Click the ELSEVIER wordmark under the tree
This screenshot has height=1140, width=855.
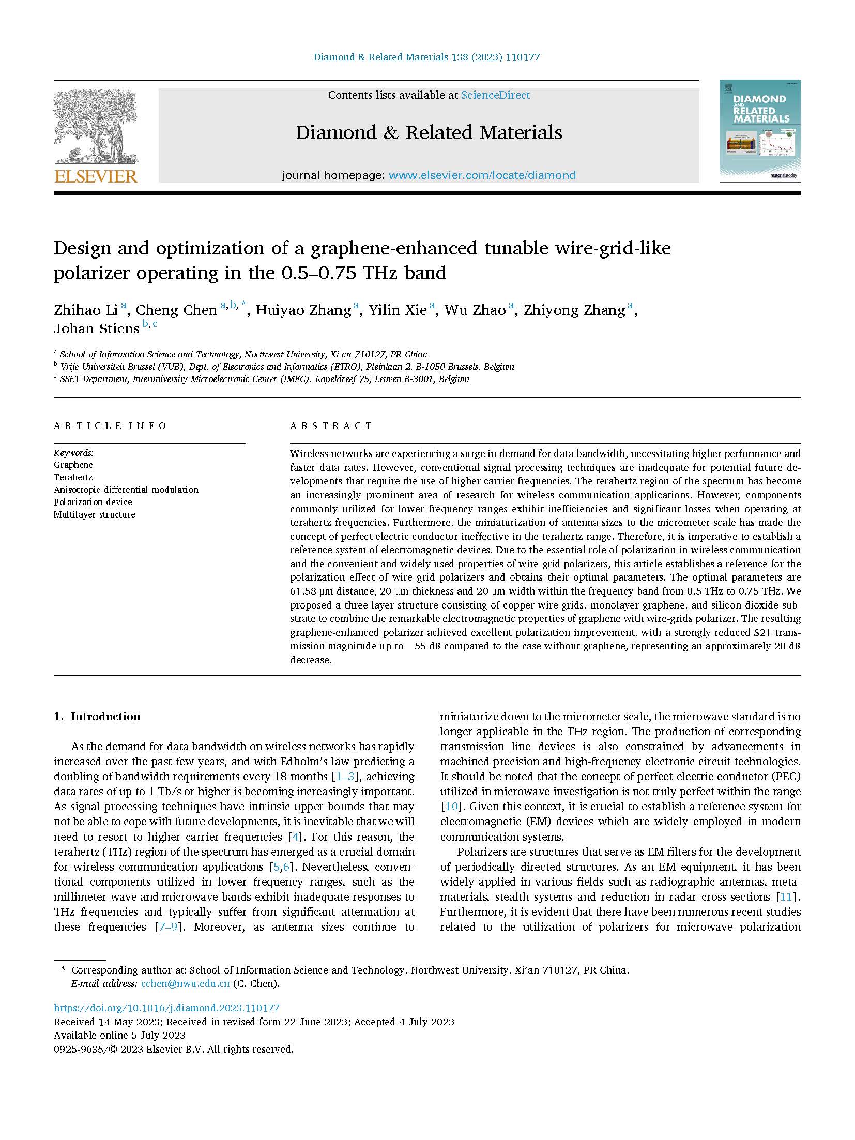[96, 176]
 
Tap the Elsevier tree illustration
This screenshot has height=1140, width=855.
[96, 127]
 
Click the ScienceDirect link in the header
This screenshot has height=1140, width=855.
[495, 95]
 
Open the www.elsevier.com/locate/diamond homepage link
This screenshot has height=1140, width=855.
[482, 175]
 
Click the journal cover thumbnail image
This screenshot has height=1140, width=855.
[759, 131]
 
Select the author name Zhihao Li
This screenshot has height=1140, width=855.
[86, 310]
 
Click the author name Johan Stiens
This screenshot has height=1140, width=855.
[97, 329]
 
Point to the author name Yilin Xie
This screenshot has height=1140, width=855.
[398, 310]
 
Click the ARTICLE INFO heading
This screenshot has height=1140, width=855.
[110, 426]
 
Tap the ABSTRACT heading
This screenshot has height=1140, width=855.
[331, 426]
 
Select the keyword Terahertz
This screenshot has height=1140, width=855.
[73, 477]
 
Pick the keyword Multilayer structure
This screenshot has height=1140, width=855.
[94, 514]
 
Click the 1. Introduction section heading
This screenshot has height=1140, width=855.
[97, 717]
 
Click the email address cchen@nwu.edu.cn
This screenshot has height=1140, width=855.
[185, 984]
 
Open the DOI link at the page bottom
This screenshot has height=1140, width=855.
[166, 1008]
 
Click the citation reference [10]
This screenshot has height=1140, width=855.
[450, 807]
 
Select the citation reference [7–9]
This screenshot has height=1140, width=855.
[167, 927]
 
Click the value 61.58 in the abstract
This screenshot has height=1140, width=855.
[302, 591]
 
